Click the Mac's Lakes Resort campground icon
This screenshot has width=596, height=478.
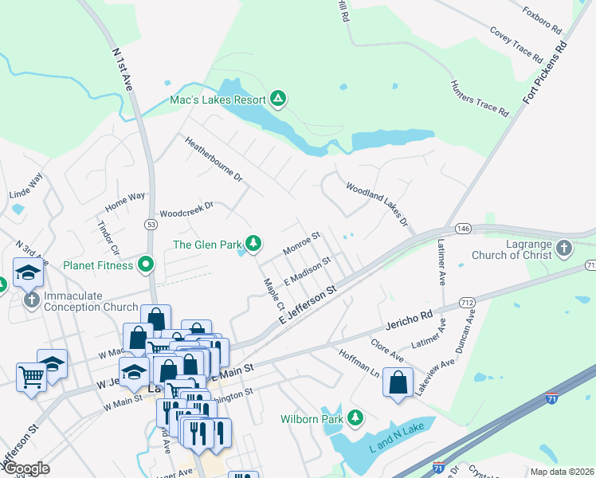pos(277,100)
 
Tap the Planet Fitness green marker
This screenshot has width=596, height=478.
pos(146,263)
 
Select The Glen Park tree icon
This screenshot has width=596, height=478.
pos(253,243)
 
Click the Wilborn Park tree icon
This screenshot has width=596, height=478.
pos(355,417)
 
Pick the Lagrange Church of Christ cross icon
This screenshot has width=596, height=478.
pos(564,248)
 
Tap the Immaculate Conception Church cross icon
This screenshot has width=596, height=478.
pos(31,300)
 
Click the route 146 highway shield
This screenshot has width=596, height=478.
pos(462,229)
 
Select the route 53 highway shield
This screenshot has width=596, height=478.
pos(151,225)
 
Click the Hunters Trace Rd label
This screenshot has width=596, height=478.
pos(479,99)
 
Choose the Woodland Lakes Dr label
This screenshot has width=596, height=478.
pos(376,203)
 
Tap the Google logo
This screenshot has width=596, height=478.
pos(26,468)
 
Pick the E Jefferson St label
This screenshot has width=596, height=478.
pos(310,307)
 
